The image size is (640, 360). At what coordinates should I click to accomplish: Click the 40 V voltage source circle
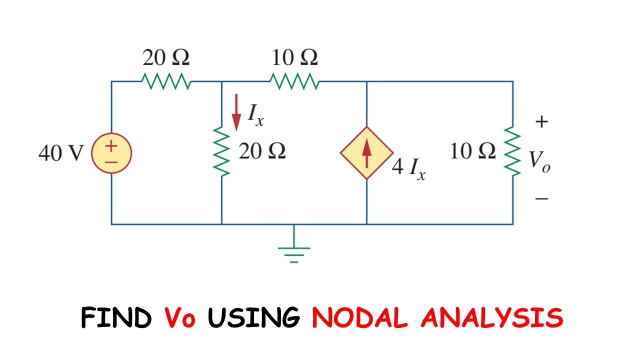coord(111,152)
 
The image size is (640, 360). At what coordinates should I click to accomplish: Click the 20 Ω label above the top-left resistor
coord(166,58)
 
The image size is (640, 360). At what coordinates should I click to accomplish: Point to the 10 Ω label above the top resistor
coord(294,58)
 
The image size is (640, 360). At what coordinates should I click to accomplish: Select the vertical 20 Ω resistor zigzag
coord(221,151)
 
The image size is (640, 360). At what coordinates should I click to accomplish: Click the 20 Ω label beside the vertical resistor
coord(262,150)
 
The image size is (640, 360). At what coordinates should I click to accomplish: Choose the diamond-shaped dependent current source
coord(367,153)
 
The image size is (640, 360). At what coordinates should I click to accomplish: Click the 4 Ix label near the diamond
coord(408,168)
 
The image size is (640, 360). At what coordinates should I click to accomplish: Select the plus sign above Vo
coord(541,121)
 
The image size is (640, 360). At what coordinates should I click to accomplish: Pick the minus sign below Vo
coord(541,199)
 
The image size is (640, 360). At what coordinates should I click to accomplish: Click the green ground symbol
coord(294,250)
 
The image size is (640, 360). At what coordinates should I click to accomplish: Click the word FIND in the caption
coord(116,318)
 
